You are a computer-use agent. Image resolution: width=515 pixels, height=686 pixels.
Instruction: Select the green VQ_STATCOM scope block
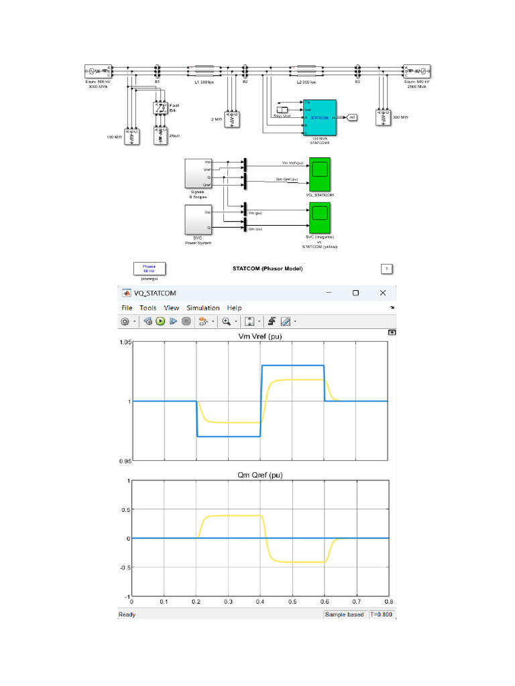tap(319, 174)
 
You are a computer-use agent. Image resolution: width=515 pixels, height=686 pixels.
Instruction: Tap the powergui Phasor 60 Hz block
tap(149, 269)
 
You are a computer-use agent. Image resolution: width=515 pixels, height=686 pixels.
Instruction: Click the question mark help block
tap(386, 269)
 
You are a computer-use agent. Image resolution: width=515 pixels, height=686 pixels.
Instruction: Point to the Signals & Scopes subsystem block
tap(198, 174)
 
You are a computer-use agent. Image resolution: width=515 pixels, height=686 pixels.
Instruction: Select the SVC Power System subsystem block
tap(198, 220)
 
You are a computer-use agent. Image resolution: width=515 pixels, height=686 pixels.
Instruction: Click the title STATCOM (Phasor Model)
tap(268, 269)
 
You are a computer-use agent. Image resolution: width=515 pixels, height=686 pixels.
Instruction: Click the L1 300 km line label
tap(204, 82)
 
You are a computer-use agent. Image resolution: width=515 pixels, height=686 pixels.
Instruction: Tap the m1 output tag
tap(353, 117)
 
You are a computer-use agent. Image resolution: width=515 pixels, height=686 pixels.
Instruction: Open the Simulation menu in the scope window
tap(203, 308)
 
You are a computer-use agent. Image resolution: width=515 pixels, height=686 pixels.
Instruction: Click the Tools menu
tap(148, 308)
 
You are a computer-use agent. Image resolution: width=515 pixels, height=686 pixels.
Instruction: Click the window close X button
tap(383, 293)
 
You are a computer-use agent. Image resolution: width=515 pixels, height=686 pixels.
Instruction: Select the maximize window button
tap(355, 293)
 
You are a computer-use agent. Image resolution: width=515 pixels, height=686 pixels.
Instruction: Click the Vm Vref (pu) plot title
tap(261, 336)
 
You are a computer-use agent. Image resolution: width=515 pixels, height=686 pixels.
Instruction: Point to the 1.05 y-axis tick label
tap(124, 342)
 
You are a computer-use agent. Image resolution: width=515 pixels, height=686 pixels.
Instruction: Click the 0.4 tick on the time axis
tap(261, 602)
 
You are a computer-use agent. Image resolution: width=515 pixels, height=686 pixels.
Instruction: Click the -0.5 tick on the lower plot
tap(123, 567)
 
